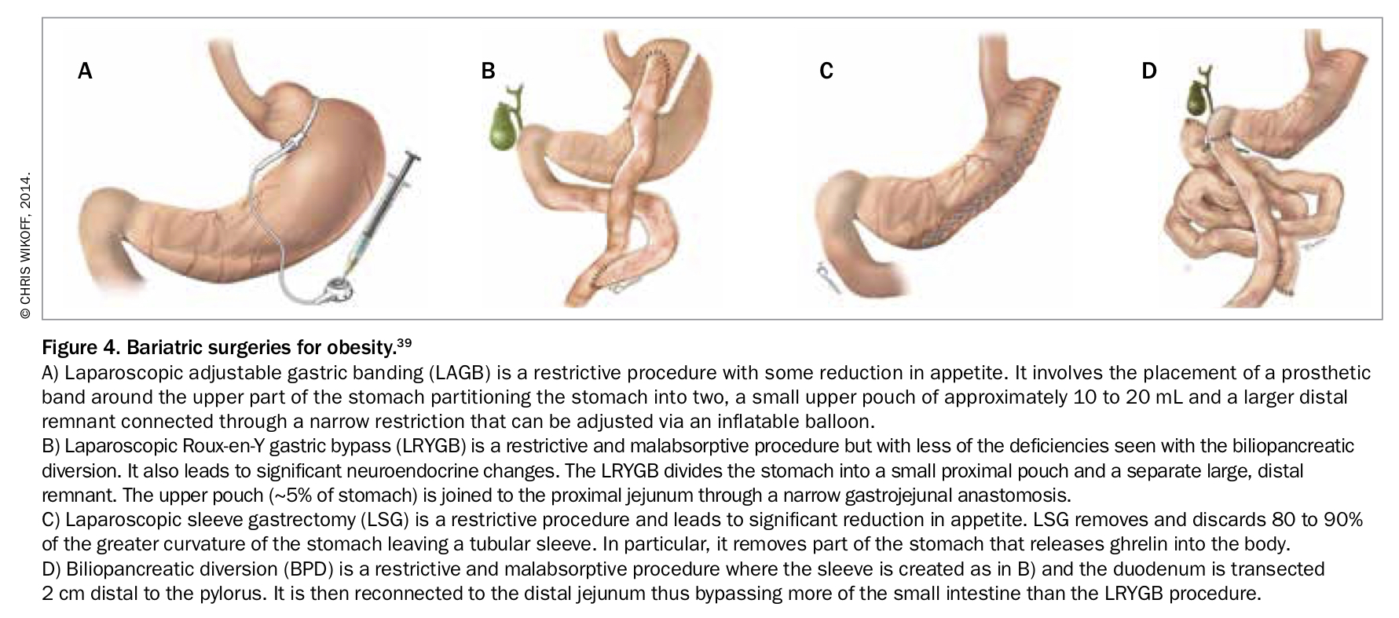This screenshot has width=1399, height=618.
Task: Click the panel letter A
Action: click(x=85, y=71)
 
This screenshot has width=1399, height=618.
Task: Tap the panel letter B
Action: click(x=488, y=71)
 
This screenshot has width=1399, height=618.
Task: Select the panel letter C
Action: click(x=826, y=71)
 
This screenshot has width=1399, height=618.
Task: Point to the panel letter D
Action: click(x=1148, y=71)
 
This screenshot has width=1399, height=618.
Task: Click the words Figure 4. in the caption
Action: click(x=79, y=346)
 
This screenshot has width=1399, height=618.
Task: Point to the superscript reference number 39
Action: click(x=404, y=342)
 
